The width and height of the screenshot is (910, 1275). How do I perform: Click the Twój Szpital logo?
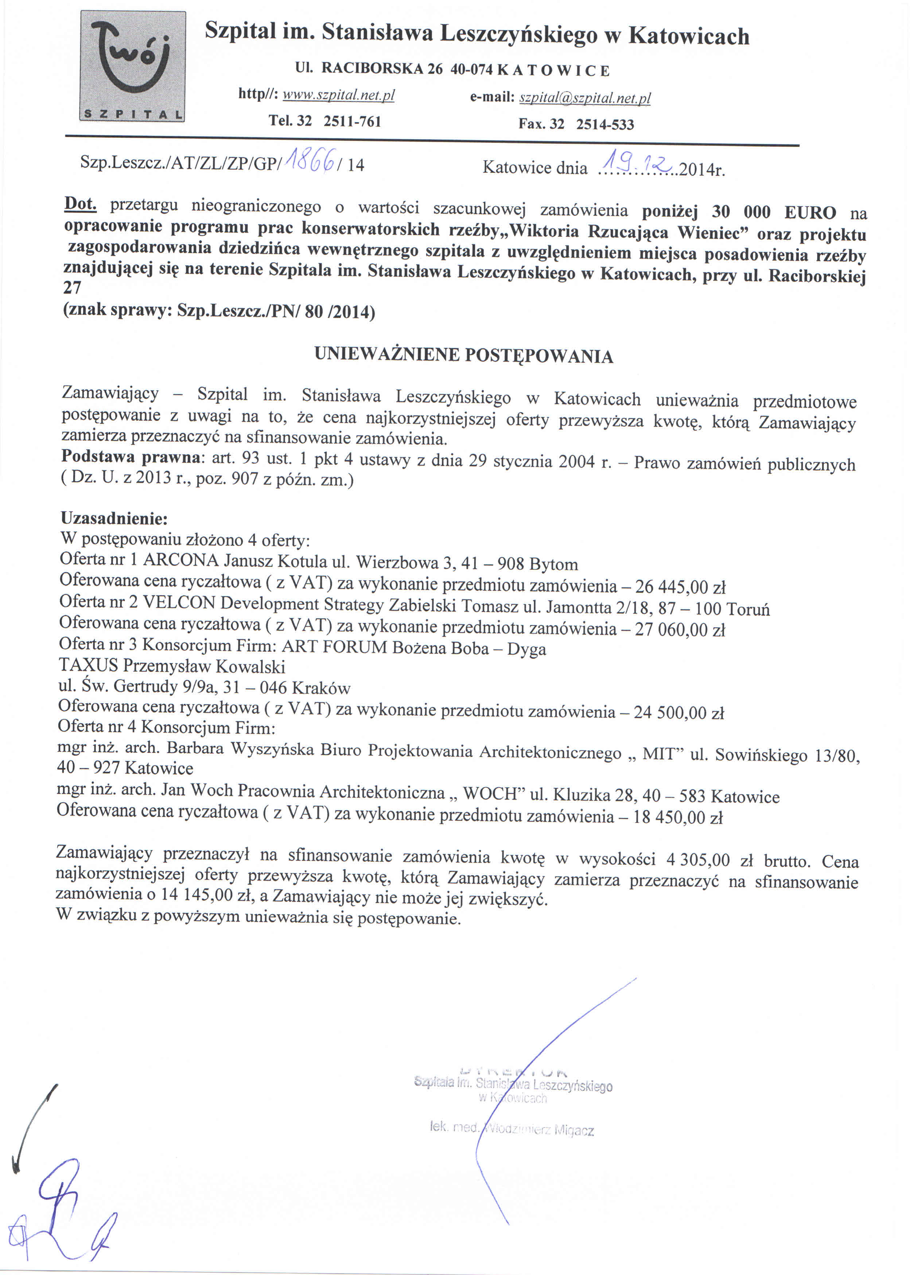coord(133,66)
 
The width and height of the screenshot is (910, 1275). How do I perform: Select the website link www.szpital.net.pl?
coord(338,95)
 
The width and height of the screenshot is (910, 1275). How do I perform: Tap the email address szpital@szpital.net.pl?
coord(585,98)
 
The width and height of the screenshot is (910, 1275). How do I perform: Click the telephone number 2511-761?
coord(353,121)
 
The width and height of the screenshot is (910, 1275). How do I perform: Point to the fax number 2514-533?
coord(605,124)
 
